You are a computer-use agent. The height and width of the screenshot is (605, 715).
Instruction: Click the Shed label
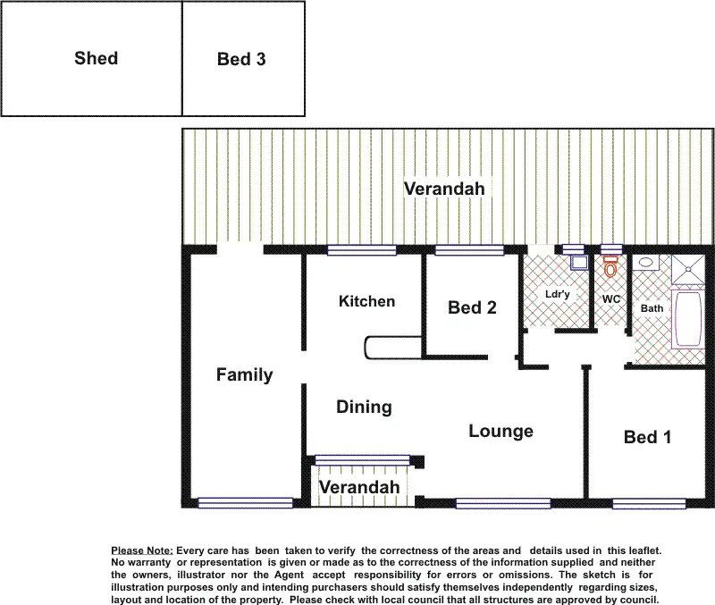coord(96,59)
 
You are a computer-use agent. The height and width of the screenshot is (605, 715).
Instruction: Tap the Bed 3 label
coord(241,60)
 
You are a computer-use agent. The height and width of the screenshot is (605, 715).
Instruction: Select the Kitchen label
coord(366,301)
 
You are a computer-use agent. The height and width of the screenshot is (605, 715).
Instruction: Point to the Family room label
coord(244,375)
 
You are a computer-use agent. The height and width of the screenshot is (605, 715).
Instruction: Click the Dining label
coord(364,408)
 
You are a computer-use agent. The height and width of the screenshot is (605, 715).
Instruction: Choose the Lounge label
coord(500,432)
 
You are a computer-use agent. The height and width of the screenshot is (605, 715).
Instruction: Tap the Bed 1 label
coord(647,437)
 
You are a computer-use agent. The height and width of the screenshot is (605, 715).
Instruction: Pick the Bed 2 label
coord(472,308)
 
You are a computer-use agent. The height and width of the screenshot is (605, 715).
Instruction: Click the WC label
coord(611,298)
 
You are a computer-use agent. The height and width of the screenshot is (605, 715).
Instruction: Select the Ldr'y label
coord(558,294)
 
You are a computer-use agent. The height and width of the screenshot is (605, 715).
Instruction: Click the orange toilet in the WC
coord(611,266)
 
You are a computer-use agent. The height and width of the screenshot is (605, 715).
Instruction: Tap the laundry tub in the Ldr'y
coord(578,263)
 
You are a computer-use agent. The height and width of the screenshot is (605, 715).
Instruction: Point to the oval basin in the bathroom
coord(645,264)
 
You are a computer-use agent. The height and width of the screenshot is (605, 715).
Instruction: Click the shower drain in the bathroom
coord(686,265)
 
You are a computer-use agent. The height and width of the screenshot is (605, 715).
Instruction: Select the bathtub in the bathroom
coord(689,319)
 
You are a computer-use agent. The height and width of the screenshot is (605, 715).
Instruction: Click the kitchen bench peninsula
coord(393,348)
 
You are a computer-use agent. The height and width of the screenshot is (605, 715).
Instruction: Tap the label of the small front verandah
coord(359,488)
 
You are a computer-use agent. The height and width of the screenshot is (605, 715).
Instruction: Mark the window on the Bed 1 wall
coord(649,503)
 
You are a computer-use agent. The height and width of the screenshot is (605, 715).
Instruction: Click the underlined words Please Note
coord(141,550)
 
